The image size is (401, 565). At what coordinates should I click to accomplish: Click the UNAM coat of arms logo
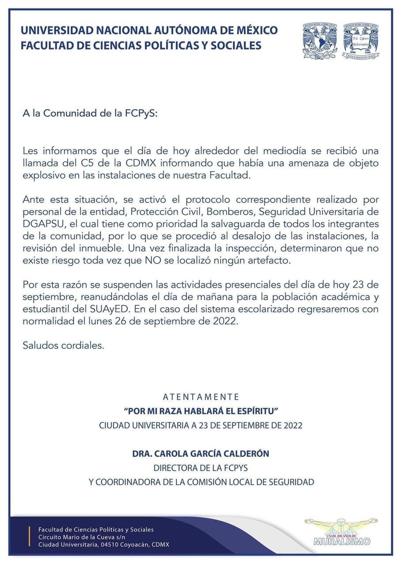(320, 41)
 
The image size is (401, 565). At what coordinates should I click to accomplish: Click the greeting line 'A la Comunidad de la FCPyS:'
(90, 113)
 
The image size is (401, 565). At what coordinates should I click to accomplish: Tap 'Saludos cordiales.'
(64, 345)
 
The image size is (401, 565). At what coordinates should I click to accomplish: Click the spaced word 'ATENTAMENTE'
(201, 396)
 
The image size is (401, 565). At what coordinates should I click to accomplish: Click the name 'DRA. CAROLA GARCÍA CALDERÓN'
(200, 453)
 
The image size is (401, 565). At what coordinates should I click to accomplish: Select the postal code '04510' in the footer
(113, 545)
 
